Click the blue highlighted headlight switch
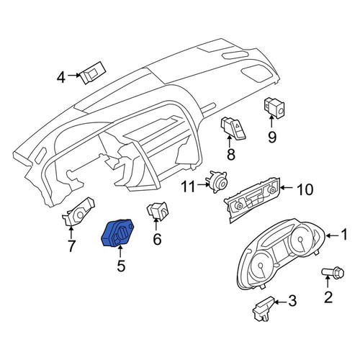click(117, 233)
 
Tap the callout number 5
click(121, 266)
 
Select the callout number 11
click(188, 187)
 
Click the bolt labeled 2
click(333, 273)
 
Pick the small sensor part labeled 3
click(263, 309)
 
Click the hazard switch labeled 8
click(233, 127)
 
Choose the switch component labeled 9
click(274, 108)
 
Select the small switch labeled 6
click(157, 210)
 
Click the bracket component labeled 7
click(78, 211)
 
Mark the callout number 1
click(344, 234)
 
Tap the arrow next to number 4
click(74, 75)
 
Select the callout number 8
click(231, 154)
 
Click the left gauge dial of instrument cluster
click(261, 266)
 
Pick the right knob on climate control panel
click(272, 190)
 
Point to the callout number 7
click(71, 246)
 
